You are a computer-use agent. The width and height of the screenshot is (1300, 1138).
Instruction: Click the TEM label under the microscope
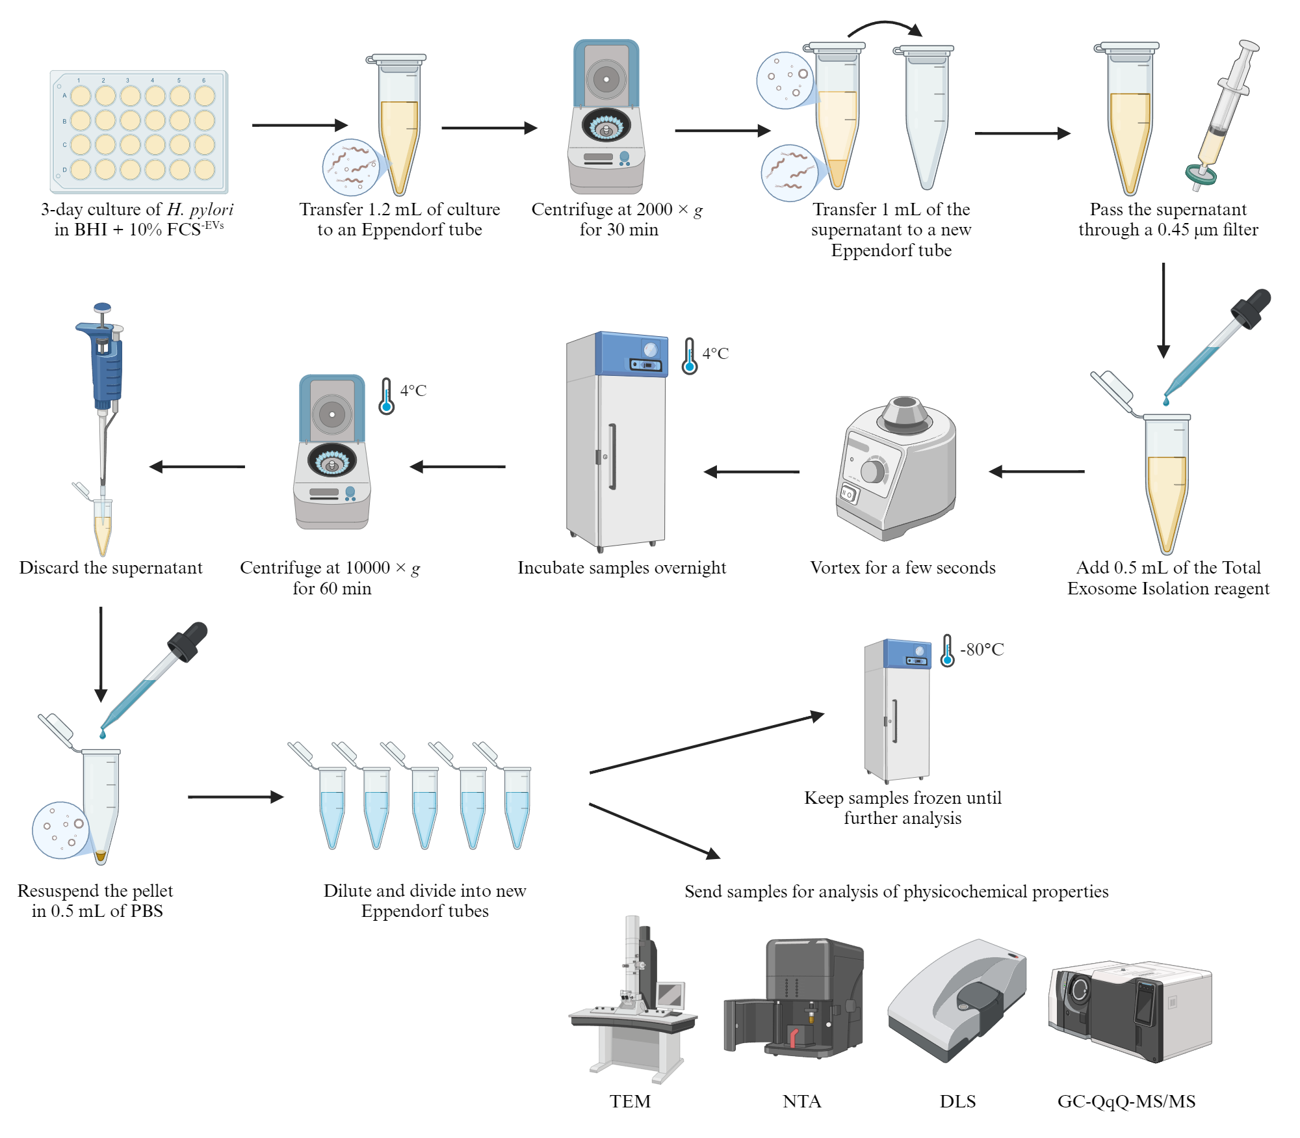(x=630, y=1101)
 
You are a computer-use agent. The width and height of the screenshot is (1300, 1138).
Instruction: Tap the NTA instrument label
(x=801, y=1101)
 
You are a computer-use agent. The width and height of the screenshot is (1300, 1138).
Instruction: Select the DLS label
(x=957, y=1101)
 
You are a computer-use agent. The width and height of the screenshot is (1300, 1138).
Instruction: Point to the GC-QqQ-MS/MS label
(x=1126, y=1101)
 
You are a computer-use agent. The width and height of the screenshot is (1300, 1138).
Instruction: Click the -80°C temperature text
(x=982, y=649)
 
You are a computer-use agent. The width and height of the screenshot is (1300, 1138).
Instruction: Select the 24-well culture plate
(x=139, y=132)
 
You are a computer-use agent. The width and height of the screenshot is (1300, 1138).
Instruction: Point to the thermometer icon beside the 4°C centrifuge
(x=387, y=397)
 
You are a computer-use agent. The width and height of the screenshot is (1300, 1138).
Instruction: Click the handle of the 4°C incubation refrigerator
(x=612, y=457)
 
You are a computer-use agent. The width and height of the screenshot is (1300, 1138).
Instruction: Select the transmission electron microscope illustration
(x=633, y=999)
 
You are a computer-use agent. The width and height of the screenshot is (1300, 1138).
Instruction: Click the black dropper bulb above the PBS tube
(x=188, y=641)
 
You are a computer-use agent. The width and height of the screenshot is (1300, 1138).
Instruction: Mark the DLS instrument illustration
(x=957, y=999)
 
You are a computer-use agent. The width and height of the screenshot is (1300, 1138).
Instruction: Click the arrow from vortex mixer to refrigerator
(x=751, y=471)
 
